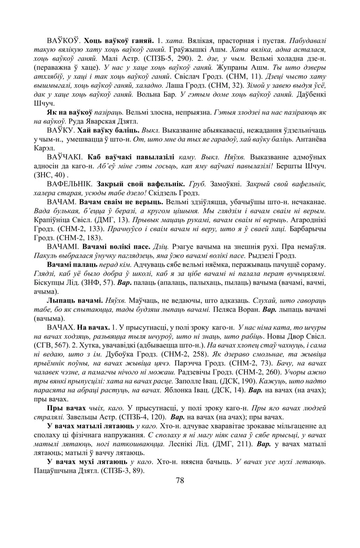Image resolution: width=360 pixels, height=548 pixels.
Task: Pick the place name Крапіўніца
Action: click(x=54, y=219)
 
